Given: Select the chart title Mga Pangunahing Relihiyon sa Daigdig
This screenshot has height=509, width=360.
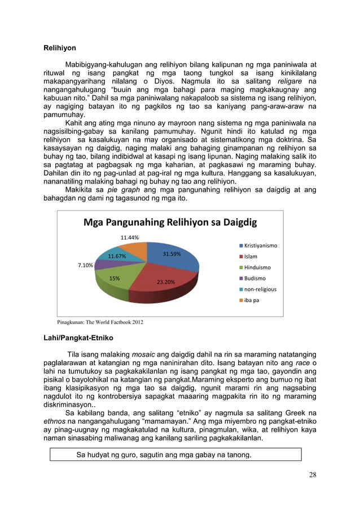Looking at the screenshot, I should coord(169,222).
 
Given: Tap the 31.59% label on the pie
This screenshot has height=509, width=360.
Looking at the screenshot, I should coord(172,254).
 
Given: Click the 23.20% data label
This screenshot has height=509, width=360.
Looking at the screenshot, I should coord(165,281).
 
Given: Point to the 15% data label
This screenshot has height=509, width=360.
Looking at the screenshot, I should coord(114,278).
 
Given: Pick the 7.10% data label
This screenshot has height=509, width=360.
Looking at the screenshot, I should coord(85,265).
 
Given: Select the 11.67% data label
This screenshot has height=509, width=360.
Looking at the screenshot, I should coord(117,257).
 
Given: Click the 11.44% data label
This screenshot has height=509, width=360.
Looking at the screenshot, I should coord(130,238).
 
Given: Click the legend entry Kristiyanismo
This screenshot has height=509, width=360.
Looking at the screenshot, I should coord(260,246).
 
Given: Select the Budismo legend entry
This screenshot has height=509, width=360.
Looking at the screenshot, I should coord(254,278).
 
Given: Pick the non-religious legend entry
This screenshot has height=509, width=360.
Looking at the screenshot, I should coord(259,289).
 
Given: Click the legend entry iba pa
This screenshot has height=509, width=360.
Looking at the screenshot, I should coord(251,300).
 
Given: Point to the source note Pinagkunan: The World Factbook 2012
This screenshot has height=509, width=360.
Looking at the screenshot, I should coord(100,322).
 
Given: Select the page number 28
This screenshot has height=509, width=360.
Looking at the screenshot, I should coord(312,475).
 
